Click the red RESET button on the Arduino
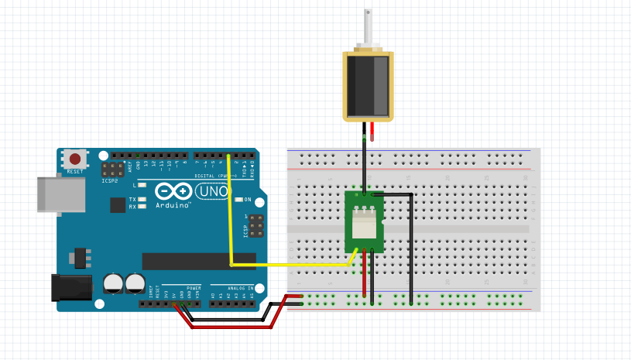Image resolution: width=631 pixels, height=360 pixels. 75,159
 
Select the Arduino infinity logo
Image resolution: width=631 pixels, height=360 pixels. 173,191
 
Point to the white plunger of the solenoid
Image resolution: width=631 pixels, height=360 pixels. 368,31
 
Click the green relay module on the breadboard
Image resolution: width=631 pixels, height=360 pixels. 364,222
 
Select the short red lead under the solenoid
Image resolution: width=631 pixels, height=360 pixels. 373,133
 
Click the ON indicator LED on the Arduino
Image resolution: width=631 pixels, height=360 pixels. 239,200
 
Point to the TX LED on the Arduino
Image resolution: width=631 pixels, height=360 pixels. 142,200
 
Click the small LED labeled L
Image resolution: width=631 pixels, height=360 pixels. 142,186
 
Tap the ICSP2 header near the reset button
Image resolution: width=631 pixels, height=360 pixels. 115,170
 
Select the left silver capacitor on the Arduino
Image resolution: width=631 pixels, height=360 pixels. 114,283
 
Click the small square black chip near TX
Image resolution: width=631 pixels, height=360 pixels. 117,204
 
